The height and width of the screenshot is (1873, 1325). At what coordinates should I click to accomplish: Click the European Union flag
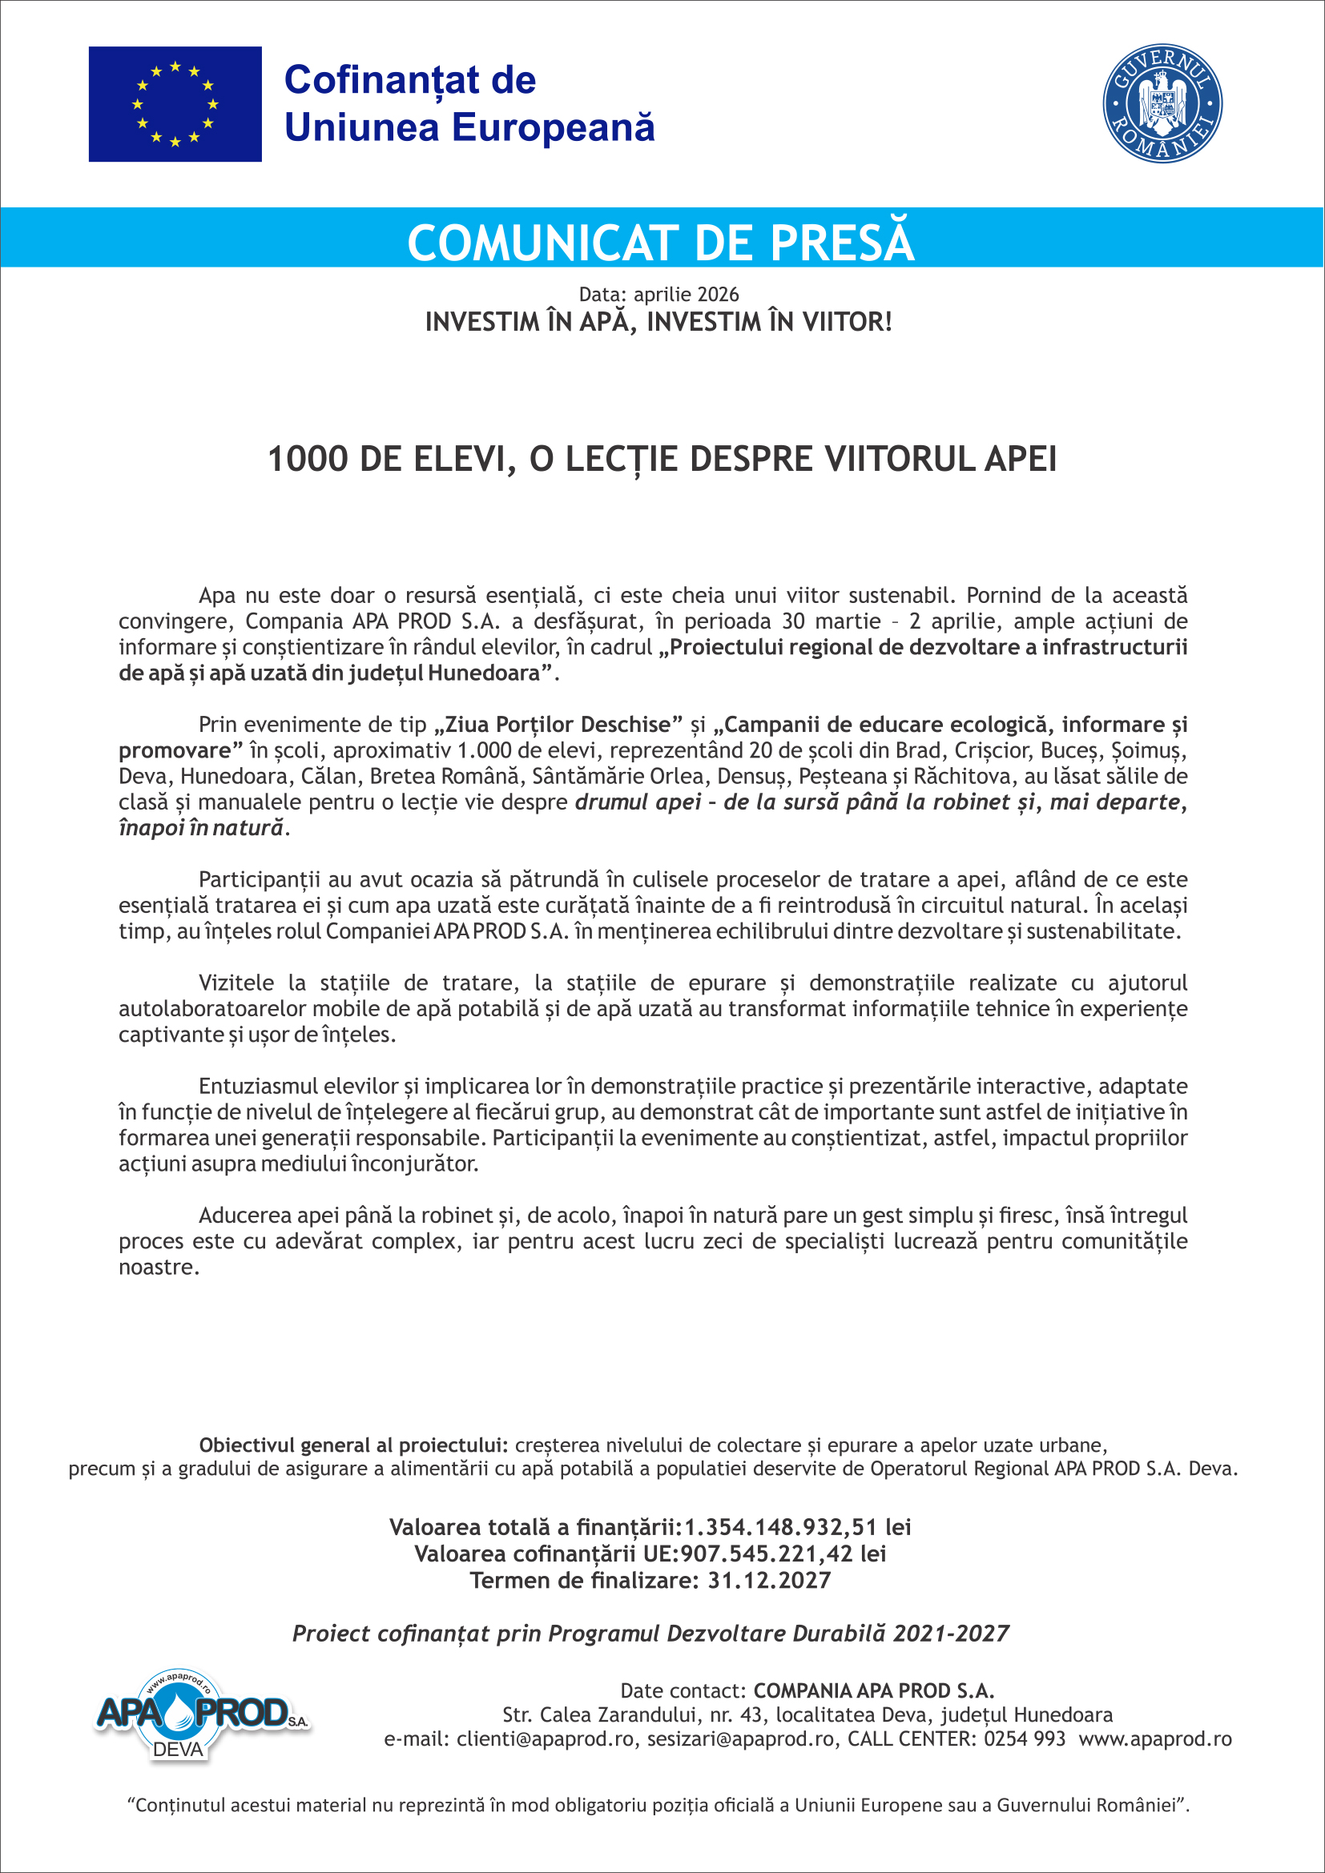(x=175, y=103)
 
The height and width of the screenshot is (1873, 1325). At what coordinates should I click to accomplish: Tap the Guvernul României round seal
(x=1162, y=103)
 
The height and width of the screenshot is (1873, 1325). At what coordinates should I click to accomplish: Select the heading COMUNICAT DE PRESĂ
(x=661, y=243)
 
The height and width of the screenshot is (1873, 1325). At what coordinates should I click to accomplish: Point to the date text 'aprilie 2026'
(x=687, y=295)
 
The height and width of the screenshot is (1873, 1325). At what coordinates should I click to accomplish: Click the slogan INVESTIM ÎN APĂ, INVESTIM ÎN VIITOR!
(x=658, y=322)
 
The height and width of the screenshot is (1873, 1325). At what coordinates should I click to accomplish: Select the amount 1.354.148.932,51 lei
(x=797, y=1527)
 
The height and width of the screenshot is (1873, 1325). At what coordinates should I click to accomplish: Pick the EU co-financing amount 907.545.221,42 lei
(x=783, y=1553)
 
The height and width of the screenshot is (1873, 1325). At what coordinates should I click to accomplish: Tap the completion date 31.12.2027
(x=768, y=1580)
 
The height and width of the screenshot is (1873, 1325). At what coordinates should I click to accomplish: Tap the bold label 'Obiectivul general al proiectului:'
(x=353, y=1445)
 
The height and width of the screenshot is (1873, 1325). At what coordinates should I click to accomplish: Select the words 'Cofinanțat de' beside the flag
(x=409, y=80)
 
